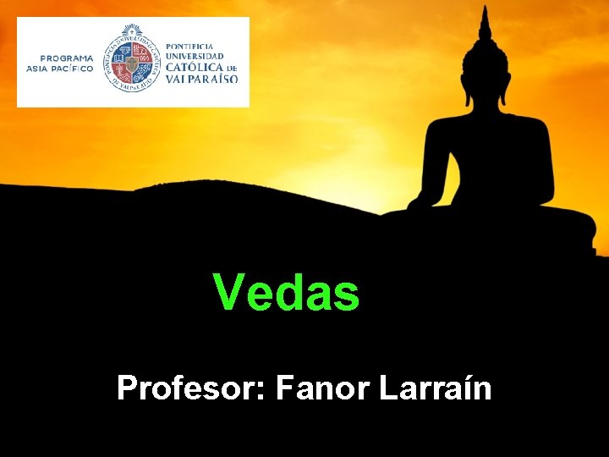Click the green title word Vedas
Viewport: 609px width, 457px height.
287,292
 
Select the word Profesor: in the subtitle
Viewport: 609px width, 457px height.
190,388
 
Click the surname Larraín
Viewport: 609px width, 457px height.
436,388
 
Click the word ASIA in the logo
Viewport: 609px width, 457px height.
37,69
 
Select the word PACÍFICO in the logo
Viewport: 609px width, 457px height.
72,69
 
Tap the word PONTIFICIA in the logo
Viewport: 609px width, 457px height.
189,46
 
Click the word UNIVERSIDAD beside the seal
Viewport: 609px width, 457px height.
195,56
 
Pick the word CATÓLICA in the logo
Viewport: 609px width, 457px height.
194,67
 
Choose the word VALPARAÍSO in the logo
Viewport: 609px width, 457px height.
201,79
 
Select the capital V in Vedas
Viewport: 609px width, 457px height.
228,292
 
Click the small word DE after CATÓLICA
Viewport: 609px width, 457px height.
231,68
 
